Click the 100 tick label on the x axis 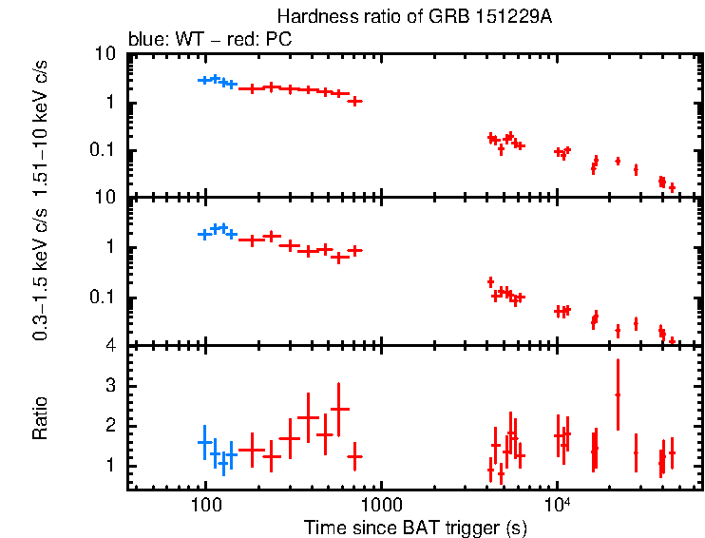(x=204, y=505)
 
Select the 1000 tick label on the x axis (x=381, y=505)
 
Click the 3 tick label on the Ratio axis (x=110, y=386)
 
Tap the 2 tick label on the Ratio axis (x=110, y=426)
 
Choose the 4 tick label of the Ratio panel (x=110, y=346)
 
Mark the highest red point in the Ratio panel (x=618, y=394)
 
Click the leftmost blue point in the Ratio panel (x=204, y=442)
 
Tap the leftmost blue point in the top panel (x=204, y=80)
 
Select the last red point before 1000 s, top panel (x=355, y=101)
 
